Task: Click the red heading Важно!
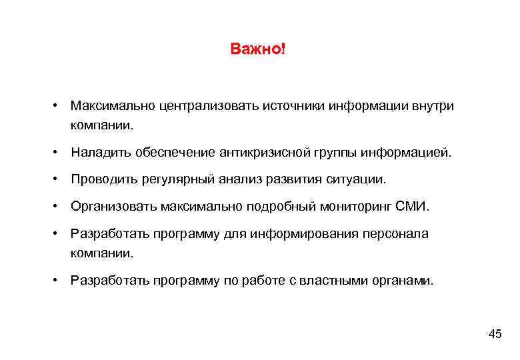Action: pos(257,50)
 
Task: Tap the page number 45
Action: pos(495,334)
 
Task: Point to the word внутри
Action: pos(433,106)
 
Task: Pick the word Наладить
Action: pos(97,153)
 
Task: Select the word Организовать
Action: pos(113,207)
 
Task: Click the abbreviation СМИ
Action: pos(413,207)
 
